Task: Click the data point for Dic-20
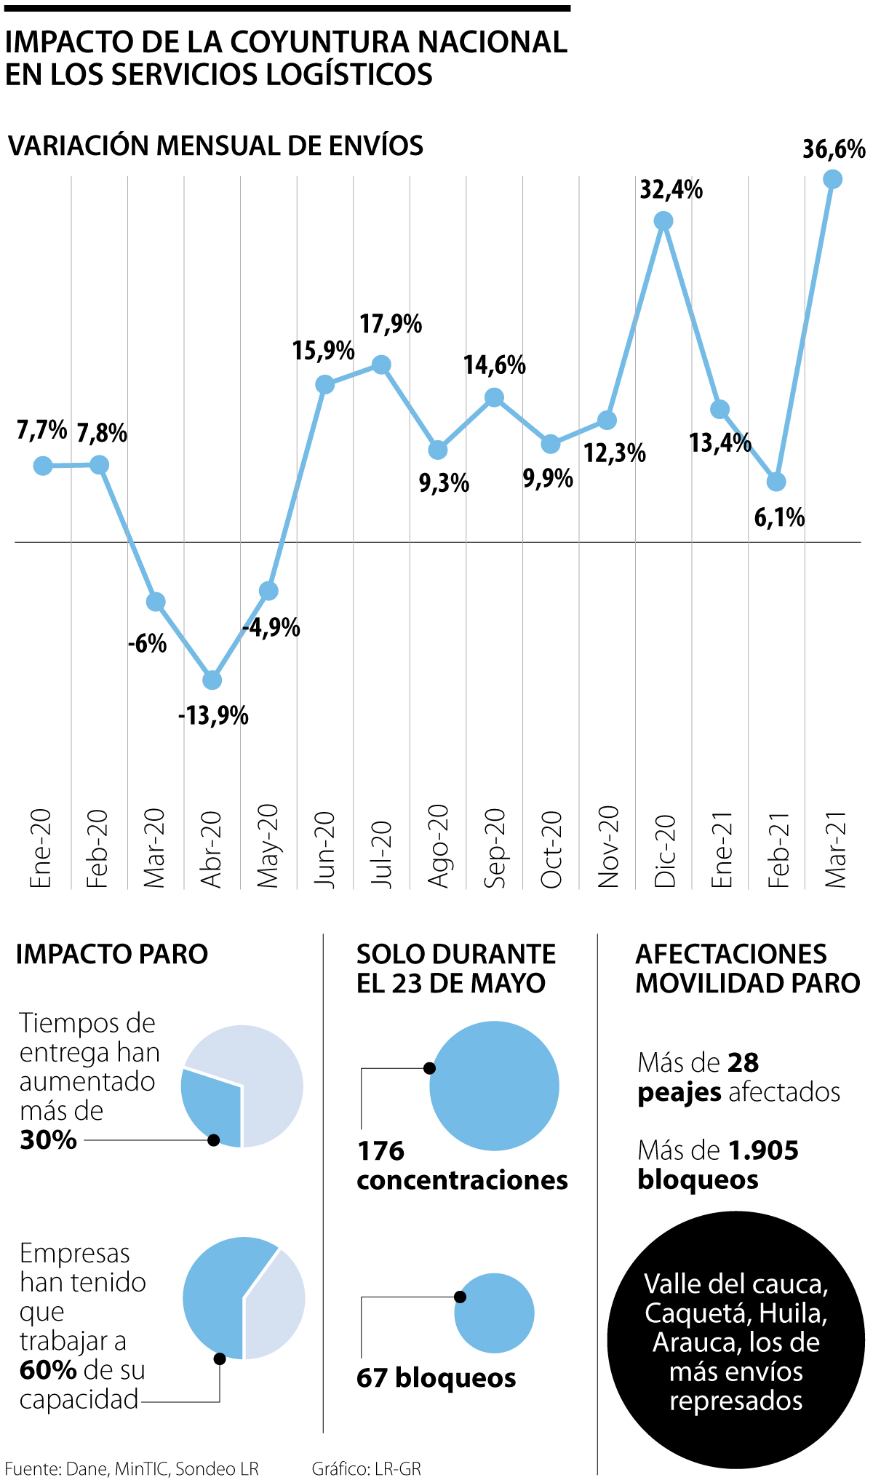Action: click(663, 220)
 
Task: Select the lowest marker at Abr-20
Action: click(212, 680)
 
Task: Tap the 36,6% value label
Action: click(834, 149)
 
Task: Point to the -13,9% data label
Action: click(213, 716)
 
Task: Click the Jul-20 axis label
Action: click(381, 854)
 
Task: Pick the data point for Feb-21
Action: click(776, 482)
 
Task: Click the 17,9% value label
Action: click(391, 324)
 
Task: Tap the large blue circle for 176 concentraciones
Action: click(494, 1086)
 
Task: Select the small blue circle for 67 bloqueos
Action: click(494, 1313)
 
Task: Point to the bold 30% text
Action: click(48, 1140)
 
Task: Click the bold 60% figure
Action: click(48, 1370)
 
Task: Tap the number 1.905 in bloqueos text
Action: click(763, 1150)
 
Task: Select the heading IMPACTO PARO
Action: click(112, 954)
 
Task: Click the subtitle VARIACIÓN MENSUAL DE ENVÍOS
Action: click(216, 146)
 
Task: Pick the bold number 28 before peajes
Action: click(743, 1063)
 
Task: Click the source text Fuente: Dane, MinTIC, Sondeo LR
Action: click(132, 1468)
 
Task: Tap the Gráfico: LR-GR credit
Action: click(367, 1468)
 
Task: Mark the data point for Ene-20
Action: click(43, 466)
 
